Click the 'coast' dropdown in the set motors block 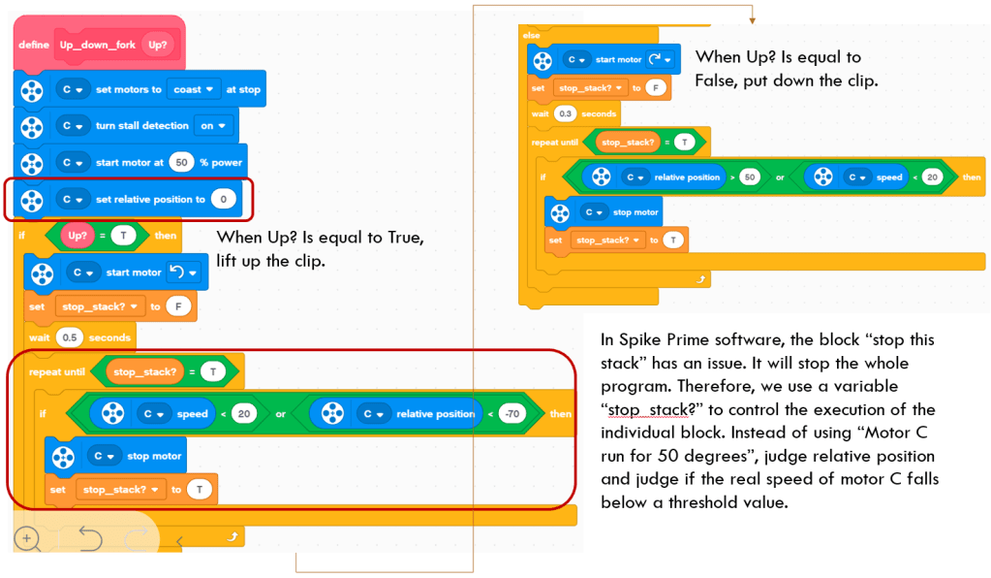coord(192,89)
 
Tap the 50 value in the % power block coord(180,162)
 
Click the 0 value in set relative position coord(223,200)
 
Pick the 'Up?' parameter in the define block coord(155,45)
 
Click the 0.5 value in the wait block coord(70,337)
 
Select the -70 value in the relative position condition coord(511,414)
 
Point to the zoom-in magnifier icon coord(27,539)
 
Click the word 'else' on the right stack coord(532,35)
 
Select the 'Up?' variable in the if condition coord(77,236)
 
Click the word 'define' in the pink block coord(35,45)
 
